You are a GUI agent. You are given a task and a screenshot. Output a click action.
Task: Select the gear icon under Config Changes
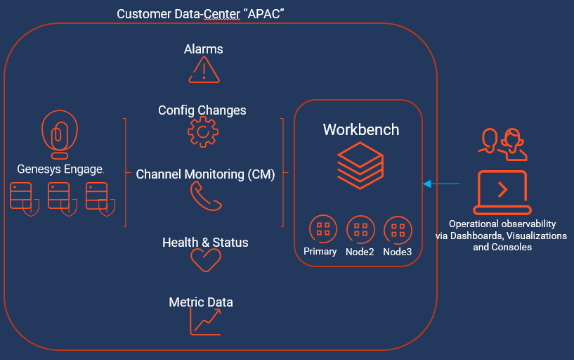point(202,131)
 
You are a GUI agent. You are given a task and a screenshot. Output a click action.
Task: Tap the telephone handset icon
point(206,197)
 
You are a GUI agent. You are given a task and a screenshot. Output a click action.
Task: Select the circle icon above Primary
point(323,229)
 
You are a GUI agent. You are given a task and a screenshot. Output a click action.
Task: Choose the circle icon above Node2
point(360,229)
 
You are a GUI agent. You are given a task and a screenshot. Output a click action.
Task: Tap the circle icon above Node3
point(398,229)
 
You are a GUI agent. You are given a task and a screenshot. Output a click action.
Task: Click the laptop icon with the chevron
point(501,191)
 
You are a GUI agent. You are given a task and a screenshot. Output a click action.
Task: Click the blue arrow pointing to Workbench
point(441,184)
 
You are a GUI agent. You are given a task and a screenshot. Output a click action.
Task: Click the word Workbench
point(360,129)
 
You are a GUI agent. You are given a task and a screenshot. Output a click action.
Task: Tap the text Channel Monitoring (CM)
point(205,174)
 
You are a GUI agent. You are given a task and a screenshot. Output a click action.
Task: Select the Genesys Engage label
point(60,169)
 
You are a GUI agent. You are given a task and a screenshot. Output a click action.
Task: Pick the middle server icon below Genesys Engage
point(60,196)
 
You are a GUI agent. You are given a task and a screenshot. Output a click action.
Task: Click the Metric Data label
point(201,302)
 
